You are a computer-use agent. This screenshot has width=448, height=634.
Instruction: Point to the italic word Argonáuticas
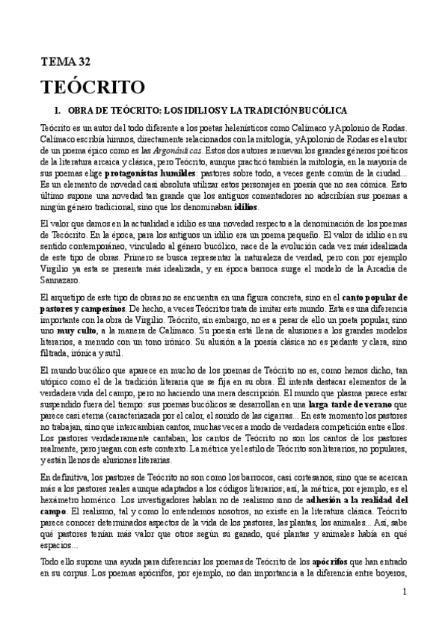pyautogui.click(x=177, y=150)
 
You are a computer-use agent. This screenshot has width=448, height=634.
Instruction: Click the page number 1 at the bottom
pyautogui.click(x=403, y=613)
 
